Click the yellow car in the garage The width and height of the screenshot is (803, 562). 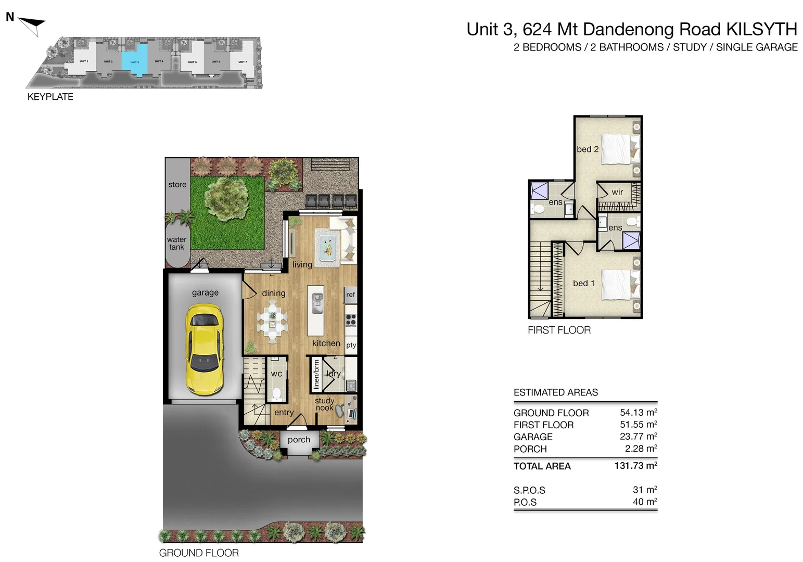[205, 349]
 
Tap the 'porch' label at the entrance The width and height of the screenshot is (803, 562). [299, 440]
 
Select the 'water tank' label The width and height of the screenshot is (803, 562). [176, 244]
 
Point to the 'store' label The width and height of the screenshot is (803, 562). [177, 185]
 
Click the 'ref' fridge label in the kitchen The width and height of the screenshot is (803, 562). [351, 295]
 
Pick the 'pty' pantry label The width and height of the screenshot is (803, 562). [351, 345]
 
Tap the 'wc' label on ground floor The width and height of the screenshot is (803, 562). [276, 374]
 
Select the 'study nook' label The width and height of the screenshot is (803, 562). [324, 404]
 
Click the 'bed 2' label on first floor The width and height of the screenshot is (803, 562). [588, 149]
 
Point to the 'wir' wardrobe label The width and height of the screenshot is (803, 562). [617, 192]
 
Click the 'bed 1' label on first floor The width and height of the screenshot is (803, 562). [583, 283]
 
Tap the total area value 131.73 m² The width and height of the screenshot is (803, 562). [635, 466]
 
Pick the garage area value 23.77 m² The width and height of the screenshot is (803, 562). [638, 437]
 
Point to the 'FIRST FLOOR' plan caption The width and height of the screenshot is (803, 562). [559, 330]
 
